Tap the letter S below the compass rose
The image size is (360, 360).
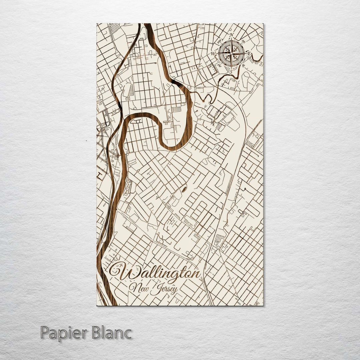(x=231, y=71)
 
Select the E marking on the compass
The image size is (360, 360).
(x=249, y=54)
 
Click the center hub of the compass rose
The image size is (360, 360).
(x=231, y=53)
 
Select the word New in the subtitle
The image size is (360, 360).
(x=139, y=287)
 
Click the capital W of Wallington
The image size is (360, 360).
(x=125, y=273)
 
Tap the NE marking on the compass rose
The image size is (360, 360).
(x=244, y=41)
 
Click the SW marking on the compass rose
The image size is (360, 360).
(x=219, y=66)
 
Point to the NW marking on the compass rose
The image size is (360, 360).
(x=219, y=41)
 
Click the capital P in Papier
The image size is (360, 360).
(x=45, y=333)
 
